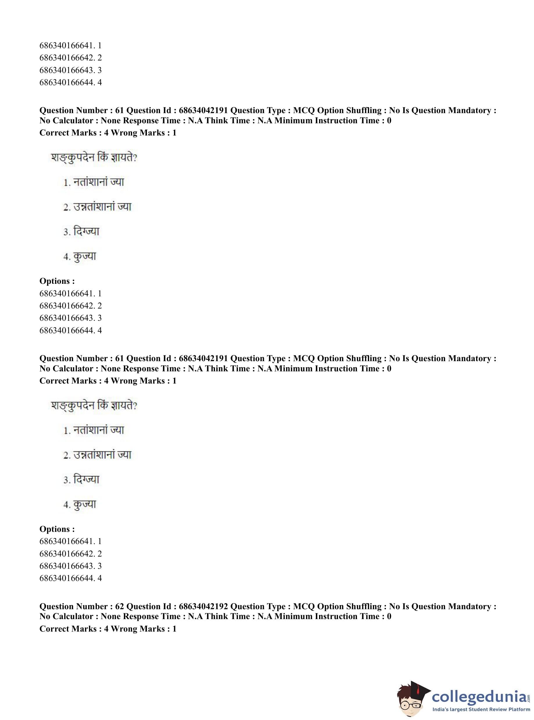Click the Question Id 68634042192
[x=203, y=607]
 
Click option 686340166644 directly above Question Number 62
[x=70, y=578]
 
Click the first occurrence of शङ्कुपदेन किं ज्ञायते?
[x=94, y=158]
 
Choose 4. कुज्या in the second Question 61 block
[x=80, y=505]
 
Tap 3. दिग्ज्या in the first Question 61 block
[x=81, y=232]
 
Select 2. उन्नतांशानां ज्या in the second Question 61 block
[x=97, y=455]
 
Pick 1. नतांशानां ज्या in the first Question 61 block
[x=94, y=182]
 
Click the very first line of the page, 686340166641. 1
[x=70, y=46]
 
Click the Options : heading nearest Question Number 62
[x=57, y=529]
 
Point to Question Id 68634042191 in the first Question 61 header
[x=203, y=111]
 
